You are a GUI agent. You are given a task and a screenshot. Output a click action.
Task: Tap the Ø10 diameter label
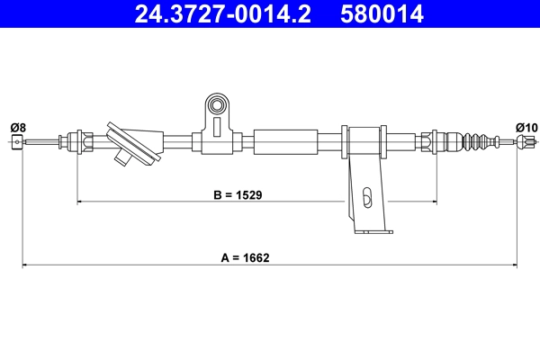click(526, 126)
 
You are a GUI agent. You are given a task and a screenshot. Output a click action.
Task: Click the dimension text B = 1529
click(238, 193)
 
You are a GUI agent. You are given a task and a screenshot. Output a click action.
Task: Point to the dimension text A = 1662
click(245, 256)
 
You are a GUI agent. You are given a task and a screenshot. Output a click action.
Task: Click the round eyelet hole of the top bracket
click(216, 107)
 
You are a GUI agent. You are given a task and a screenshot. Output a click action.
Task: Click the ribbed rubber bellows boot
click(477, 141)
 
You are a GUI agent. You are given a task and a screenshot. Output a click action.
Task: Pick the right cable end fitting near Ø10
click(526, 141)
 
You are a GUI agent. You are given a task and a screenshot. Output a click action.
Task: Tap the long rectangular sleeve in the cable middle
click(286, 141)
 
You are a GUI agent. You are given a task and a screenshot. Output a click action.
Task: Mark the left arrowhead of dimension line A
click(25, 265)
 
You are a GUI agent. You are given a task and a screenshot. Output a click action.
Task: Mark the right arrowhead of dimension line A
click(515, 265)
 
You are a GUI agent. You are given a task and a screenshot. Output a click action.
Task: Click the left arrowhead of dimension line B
click(81, 202)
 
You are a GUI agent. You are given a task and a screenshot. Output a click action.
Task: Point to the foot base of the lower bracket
click(371, 231)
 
